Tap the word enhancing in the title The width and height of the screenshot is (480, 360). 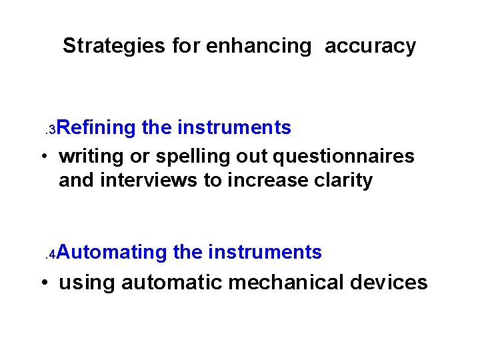click(259, 46)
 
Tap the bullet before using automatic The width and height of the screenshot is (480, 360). click(43, 283)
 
